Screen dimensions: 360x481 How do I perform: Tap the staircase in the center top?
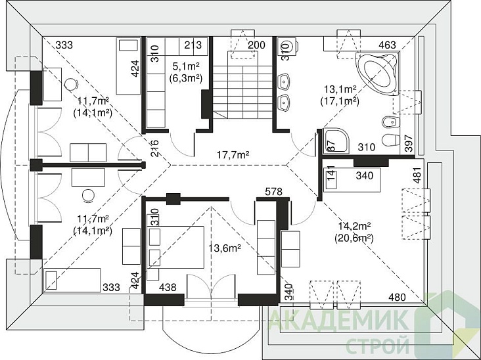(x=240, y=85)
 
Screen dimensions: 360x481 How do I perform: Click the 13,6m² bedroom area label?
(x=224, y=248)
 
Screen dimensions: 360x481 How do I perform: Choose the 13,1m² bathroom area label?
(x=340, y=89)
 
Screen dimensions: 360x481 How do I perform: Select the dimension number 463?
(x=388, y=45)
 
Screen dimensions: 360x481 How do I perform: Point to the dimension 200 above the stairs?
(x=256, y=45)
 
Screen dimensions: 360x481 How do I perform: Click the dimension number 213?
(x=193, y=45)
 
